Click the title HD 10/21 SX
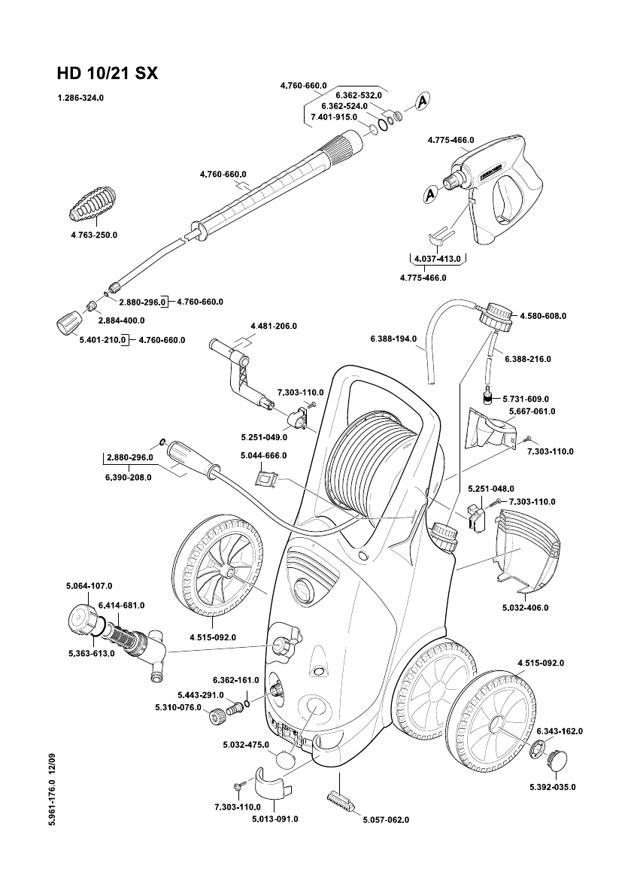click(x=107, y=74)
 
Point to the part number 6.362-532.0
click(x=359, y=96)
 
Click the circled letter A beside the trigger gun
click(x=430, y=193)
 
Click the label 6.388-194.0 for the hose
click(x=393, y=339)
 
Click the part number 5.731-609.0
click(x=526, y=398)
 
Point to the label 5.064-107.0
click(x=79, y=585)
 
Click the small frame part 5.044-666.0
click(x=266, y=477)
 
